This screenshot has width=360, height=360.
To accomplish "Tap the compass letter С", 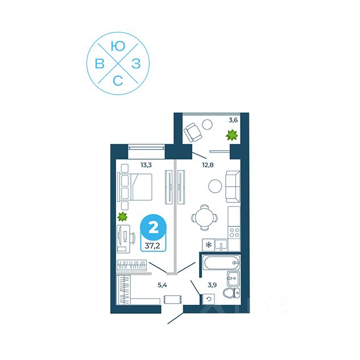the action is pyautogui.click(x=118, y=80).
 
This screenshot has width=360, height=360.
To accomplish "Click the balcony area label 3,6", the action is pyautogui.click(x=233, y=120).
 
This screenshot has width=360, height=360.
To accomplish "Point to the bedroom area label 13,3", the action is pyautogui.click(x=146, y=165).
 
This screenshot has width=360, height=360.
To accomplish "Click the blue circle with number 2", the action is pyautogui.click(x=153, y=227).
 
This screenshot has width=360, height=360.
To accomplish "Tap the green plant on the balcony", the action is pyautogui.click(x=231, y=135).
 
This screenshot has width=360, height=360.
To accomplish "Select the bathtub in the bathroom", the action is pyautogui.click(x=222, y=263).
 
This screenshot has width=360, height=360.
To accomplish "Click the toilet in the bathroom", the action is pyautogui.click(x=231, y=293).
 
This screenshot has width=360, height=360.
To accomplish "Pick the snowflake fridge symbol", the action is pyautogui.click(x=209, y=245).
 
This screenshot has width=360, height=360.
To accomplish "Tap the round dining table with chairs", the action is pyautogui.click(x=204, y=217).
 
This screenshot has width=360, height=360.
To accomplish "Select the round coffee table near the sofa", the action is pyautogui.click(x=214, y=186).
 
